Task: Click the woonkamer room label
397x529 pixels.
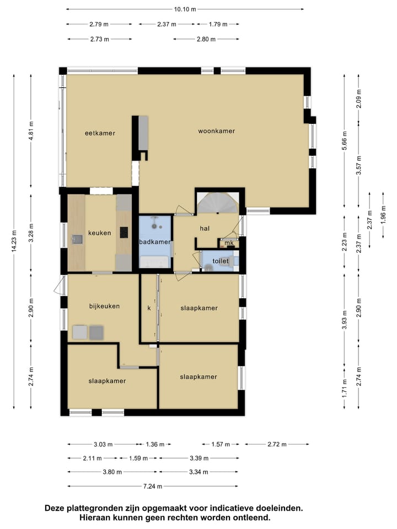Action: coord(216,131)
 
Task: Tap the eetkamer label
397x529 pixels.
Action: coord(100,133)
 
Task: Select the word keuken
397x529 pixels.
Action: coord(100,233)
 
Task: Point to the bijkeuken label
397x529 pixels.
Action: coord(104,306)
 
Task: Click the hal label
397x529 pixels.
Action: coord(205,228)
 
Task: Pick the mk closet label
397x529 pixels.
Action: coord(229,243)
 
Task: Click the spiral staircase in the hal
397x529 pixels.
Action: coord(218,203)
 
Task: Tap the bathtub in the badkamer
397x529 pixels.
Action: coord(154,262)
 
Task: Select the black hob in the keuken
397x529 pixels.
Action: coord(124,232)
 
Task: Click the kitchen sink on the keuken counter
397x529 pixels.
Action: coord(77,239)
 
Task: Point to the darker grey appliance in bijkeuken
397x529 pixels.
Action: coord(96,332)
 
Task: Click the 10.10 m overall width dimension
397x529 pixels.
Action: coord(185,9)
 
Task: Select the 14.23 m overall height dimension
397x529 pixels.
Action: coord(14,241)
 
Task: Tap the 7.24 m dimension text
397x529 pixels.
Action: coord(153,486)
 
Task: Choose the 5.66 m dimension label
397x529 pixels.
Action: coord(344,141)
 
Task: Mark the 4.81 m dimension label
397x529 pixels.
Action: coord(31,130)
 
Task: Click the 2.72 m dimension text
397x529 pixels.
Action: coord(277,444)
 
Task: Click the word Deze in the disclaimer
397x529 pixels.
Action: coord(55,508)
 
